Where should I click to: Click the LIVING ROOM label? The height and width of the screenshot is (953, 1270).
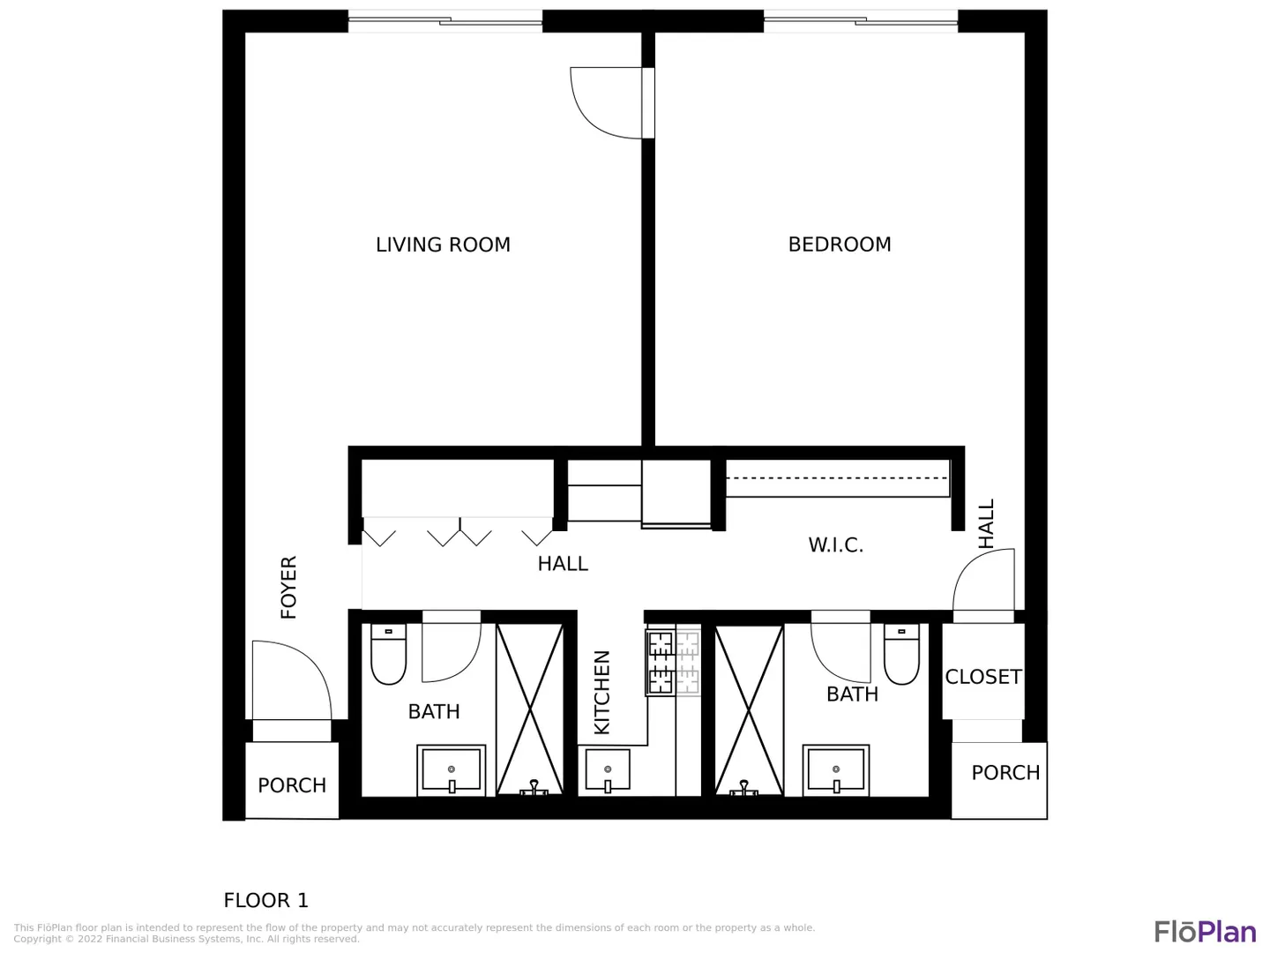point(443,244)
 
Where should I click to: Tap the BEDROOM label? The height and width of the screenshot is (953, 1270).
point(839,244)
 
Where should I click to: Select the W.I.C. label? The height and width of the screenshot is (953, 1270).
point(835,544)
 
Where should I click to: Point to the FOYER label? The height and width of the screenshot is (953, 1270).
point(288,587)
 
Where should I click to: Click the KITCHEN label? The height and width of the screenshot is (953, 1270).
point(601,692)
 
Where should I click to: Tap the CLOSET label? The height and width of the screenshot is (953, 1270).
point(983,677)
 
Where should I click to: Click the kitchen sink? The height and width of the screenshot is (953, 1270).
point(608,769)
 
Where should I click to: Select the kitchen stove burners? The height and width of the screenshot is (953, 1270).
point(674,662)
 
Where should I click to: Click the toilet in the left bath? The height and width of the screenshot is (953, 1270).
point(388,654)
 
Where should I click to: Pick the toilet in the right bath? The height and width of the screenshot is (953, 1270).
point(901,654)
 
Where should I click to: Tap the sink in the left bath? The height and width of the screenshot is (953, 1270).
point(452,770)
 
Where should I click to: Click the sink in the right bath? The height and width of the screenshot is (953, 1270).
point(836,770)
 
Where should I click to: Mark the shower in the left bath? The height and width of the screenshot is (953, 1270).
point(530,709)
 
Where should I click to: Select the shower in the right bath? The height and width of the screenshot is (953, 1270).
point(750,709)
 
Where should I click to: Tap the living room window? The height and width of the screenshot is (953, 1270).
point(444,21)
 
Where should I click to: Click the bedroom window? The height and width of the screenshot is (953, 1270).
point(861,21)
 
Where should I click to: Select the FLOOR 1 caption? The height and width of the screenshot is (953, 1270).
point(266,900)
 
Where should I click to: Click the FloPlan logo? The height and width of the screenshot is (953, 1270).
point(1206,932)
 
